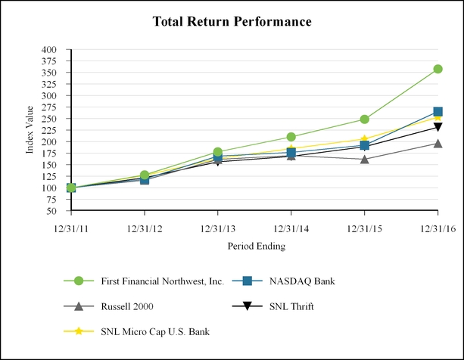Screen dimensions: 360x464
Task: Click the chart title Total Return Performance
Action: pyautogui.click(x=232, y=22)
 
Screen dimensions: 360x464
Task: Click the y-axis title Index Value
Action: pyautogui.click(x=30, y=130)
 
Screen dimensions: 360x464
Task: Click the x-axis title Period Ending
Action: pyautogui.click(x=256, y=246)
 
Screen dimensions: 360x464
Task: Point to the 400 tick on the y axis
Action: pyautogui.click(x=48, y=50)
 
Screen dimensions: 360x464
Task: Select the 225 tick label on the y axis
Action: pyautogui.click(x=48, y=130)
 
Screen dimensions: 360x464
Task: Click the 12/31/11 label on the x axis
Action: pyautogui.click(x=71, y=226)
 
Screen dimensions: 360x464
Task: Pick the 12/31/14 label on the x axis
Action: pyautogui.click(x=291, y=226)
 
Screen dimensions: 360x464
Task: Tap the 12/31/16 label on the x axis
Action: pyautogui.click(x=438, y=226)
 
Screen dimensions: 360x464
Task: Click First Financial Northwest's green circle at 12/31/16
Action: pyautogui.click(x=438, y=69)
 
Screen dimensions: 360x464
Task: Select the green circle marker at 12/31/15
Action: pyautogui.click(x=364, y=119)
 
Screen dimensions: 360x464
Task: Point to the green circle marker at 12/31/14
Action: pyautogui.click(x=291, y=137)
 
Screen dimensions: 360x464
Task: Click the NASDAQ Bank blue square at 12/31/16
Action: pyautogui.click(x=438, y=112)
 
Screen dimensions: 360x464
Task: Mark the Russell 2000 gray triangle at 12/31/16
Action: pyautogui.click(x=438, y=143)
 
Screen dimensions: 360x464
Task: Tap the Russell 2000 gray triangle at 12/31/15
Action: pyautogui.click(x=364, y=159)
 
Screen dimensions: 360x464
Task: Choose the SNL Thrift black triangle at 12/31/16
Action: pyautogui.click(x=438, y=127)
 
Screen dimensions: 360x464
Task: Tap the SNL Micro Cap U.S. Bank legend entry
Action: pyautogui.click(x=148, y=331)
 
